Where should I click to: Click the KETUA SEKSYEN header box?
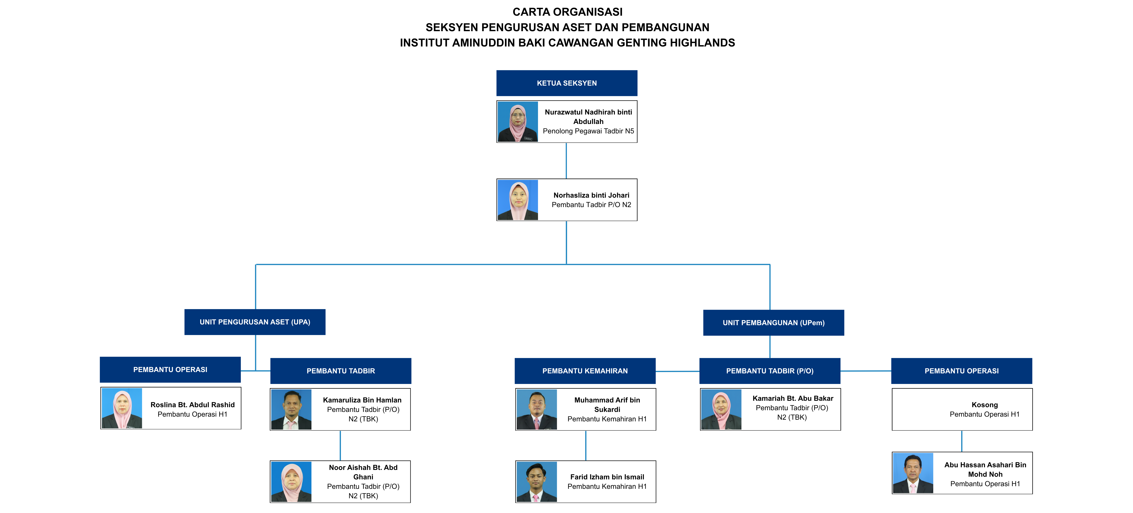[566, 83]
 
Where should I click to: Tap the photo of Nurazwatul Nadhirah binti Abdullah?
[518, 121]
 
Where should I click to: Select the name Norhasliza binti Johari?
[591, 195]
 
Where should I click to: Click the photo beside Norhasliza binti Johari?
[518, 200]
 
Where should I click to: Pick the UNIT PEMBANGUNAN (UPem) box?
[773, 323]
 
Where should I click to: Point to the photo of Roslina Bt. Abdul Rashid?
[122, 408]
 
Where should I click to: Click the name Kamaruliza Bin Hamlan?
[362, 400]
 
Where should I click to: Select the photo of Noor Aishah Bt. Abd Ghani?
[291, 482]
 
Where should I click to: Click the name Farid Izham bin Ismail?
[607, 477]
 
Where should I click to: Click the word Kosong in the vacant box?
[984, 405]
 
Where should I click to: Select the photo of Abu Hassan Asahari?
[913, 473]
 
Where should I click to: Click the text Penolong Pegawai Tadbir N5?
[588, 131]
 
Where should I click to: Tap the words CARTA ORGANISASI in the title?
[567, 12]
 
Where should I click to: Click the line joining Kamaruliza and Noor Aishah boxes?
[340, 445]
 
